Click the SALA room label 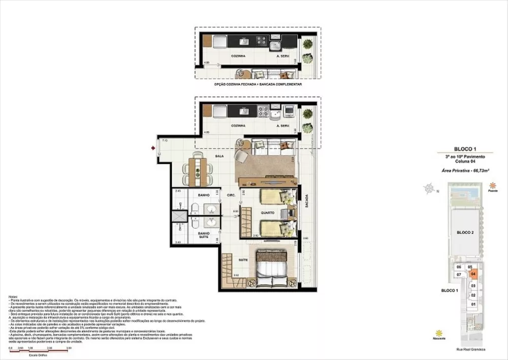(219, 158)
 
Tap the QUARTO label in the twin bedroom (268, 213)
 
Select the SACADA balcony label (306, 202)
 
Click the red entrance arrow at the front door (153, 148)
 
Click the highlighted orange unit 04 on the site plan (473, 274)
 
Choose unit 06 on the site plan (459, 267)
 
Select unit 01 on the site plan (473, 304)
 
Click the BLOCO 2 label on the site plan (465, 232)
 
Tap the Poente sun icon (492, 186)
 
